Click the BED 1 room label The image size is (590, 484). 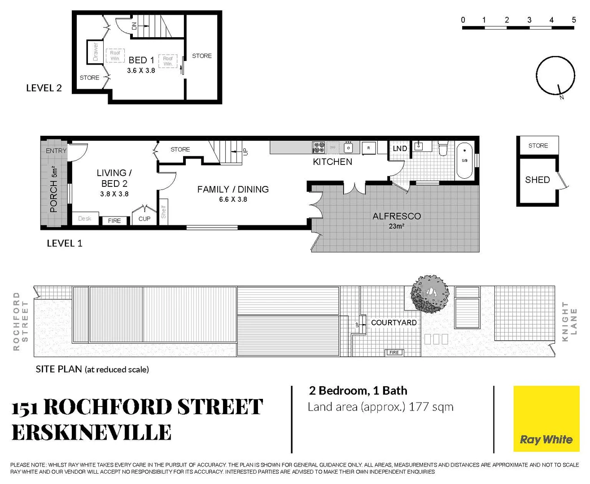[141, 60]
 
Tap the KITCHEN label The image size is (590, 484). [332, 162]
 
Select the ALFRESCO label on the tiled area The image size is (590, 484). [397, 216]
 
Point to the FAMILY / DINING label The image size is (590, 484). [233, 190]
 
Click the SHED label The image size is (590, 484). [538, 180]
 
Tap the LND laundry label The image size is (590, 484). [400, 149]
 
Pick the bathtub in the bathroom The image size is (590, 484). [465, 160]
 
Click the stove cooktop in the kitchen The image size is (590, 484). [319, 147]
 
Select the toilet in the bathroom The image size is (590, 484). [443, 148]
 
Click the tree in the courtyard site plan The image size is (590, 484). [429, 294]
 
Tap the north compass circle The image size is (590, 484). [555, 75]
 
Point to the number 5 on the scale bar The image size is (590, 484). [574, 20]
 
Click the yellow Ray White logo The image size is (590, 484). [546, 419]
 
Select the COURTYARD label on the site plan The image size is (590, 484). [393, 323]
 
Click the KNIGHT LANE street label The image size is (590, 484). [569, 321]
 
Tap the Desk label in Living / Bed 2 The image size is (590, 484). [84, 219]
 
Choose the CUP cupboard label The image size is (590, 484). [144, 219]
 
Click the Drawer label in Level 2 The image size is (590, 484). [95, 52]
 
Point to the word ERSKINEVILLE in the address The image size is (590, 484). [92, 432]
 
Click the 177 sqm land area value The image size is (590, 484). [431, 407]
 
